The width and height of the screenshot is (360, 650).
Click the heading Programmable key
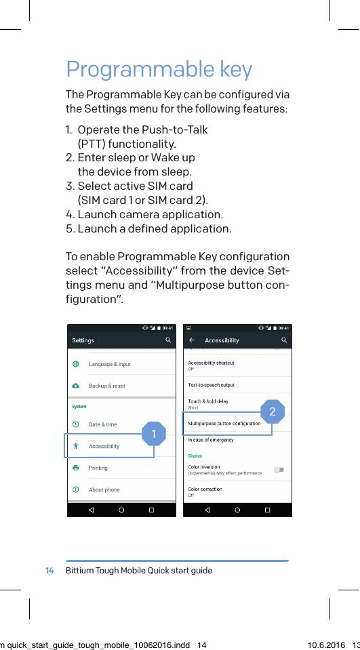(x=159, y=70)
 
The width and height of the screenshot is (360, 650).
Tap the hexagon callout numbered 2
(x=272, y=411)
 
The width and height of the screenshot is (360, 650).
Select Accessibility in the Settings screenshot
(x=104, y=446)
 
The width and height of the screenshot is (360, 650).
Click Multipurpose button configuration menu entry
(x=224, y=424)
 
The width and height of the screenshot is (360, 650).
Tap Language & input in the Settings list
(x=110, y=364)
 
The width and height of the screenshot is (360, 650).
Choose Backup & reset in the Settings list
(x=106, y=386)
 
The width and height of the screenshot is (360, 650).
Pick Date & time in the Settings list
(x=102, y=424)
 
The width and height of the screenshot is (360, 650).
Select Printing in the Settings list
(x=98, y=468)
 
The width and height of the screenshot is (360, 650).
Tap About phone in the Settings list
(x=104, y=489)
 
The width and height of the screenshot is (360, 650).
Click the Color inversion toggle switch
(x=279, y=470)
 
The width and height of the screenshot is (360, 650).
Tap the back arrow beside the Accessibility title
(x=192, y=340)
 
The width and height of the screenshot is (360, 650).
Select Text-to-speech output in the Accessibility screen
(x=211, y=385)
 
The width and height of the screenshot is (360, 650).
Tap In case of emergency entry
(x=210, y=440)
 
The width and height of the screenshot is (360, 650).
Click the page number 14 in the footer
(x=49, y=571)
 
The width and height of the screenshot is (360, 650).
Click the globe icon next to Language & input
(x=75, y=364)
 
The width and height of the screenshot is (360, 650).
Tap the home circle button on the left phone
(x=121, y=510)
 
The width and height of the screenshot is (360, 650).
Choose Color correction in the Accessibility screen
(x=205, y=489)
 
